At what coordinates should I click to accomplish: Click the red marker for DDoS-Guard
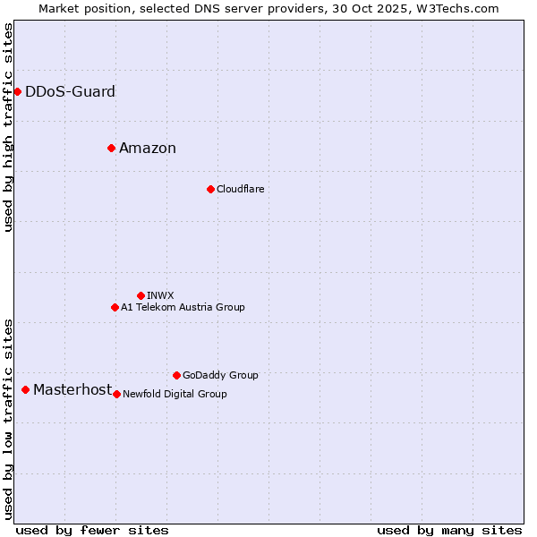pos(17,91)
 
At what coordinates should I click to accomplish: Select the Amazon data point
pos(111,148)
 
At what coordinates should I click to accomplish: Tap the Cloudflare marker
pos(210,189)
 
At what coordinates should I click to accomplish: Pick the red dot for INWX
pos(141,295)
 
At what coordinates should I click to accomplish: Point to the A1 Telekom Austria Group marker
pos(115,307)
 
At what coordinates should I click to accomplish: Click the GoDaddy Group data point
pos(176,375)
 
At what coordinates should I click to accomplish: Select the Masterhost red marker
pos(25,389)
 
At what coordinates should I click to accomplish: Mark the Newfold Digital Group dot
pos(116,394)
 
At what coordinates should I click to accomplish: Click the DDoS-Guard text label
pos(70,91)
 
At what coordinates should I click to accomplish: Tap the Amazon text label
pos(148,149)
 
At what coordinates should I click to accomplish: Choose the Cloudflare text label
pos(240,189)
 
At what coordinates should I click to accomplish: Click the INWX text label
pos(160,295)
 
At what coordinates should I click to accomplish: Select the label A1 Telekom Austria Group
pos(183,307)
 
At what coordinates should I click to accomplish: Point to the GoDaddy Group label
pos(220,375)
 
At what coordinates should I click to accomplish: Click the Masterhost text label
pos(72,389)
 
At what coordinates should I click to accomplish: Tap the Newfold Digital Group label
pos(175,394)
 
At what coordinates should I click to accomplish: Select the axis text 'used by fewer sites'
pos(92,530)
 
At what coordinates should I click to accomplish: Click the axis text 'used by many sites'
pos(449,530)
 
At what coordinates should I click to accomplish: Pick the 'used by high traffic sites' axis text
pos(9,127)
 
